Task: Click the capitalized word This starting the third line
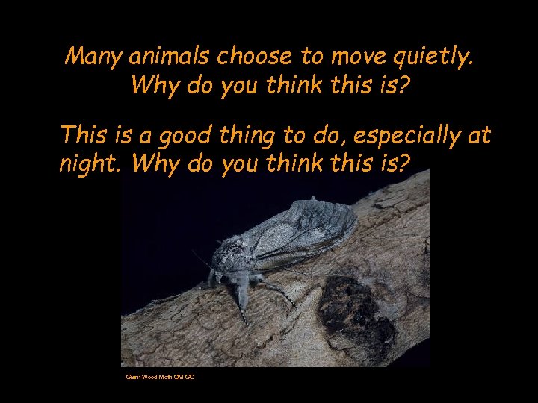click(x=83, y=135)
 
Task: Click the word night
click(x=90, y=163)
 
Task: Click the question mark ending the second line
click(x=404, y=85)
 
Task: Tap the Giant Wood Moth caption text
click(x=160, y=377)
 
